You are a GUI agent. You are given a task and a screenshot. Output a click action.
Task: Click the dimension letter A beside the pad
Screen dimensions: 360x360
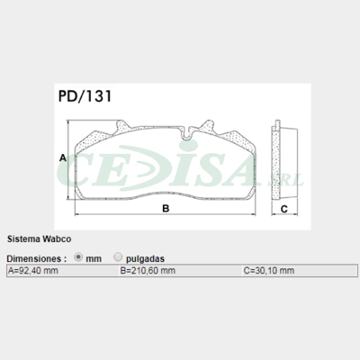point(62,157)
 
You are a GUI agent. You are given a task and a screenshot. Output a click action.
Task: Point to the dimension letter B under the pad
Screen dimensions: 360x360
point(165,210)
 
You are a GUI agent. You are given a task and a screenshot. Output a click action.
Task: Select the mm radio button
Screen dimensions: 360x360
point(78,256)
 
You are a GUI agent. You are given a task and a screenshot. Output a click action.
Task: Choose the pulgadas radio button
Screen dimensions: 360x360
point(119,256)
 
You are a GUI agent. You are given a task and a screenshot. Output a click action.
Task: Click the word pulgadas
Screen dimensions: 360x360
point(145,256)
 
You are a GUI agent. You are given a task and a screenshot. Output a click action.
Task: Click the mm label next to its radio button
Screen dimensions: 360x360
point(93,256)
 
